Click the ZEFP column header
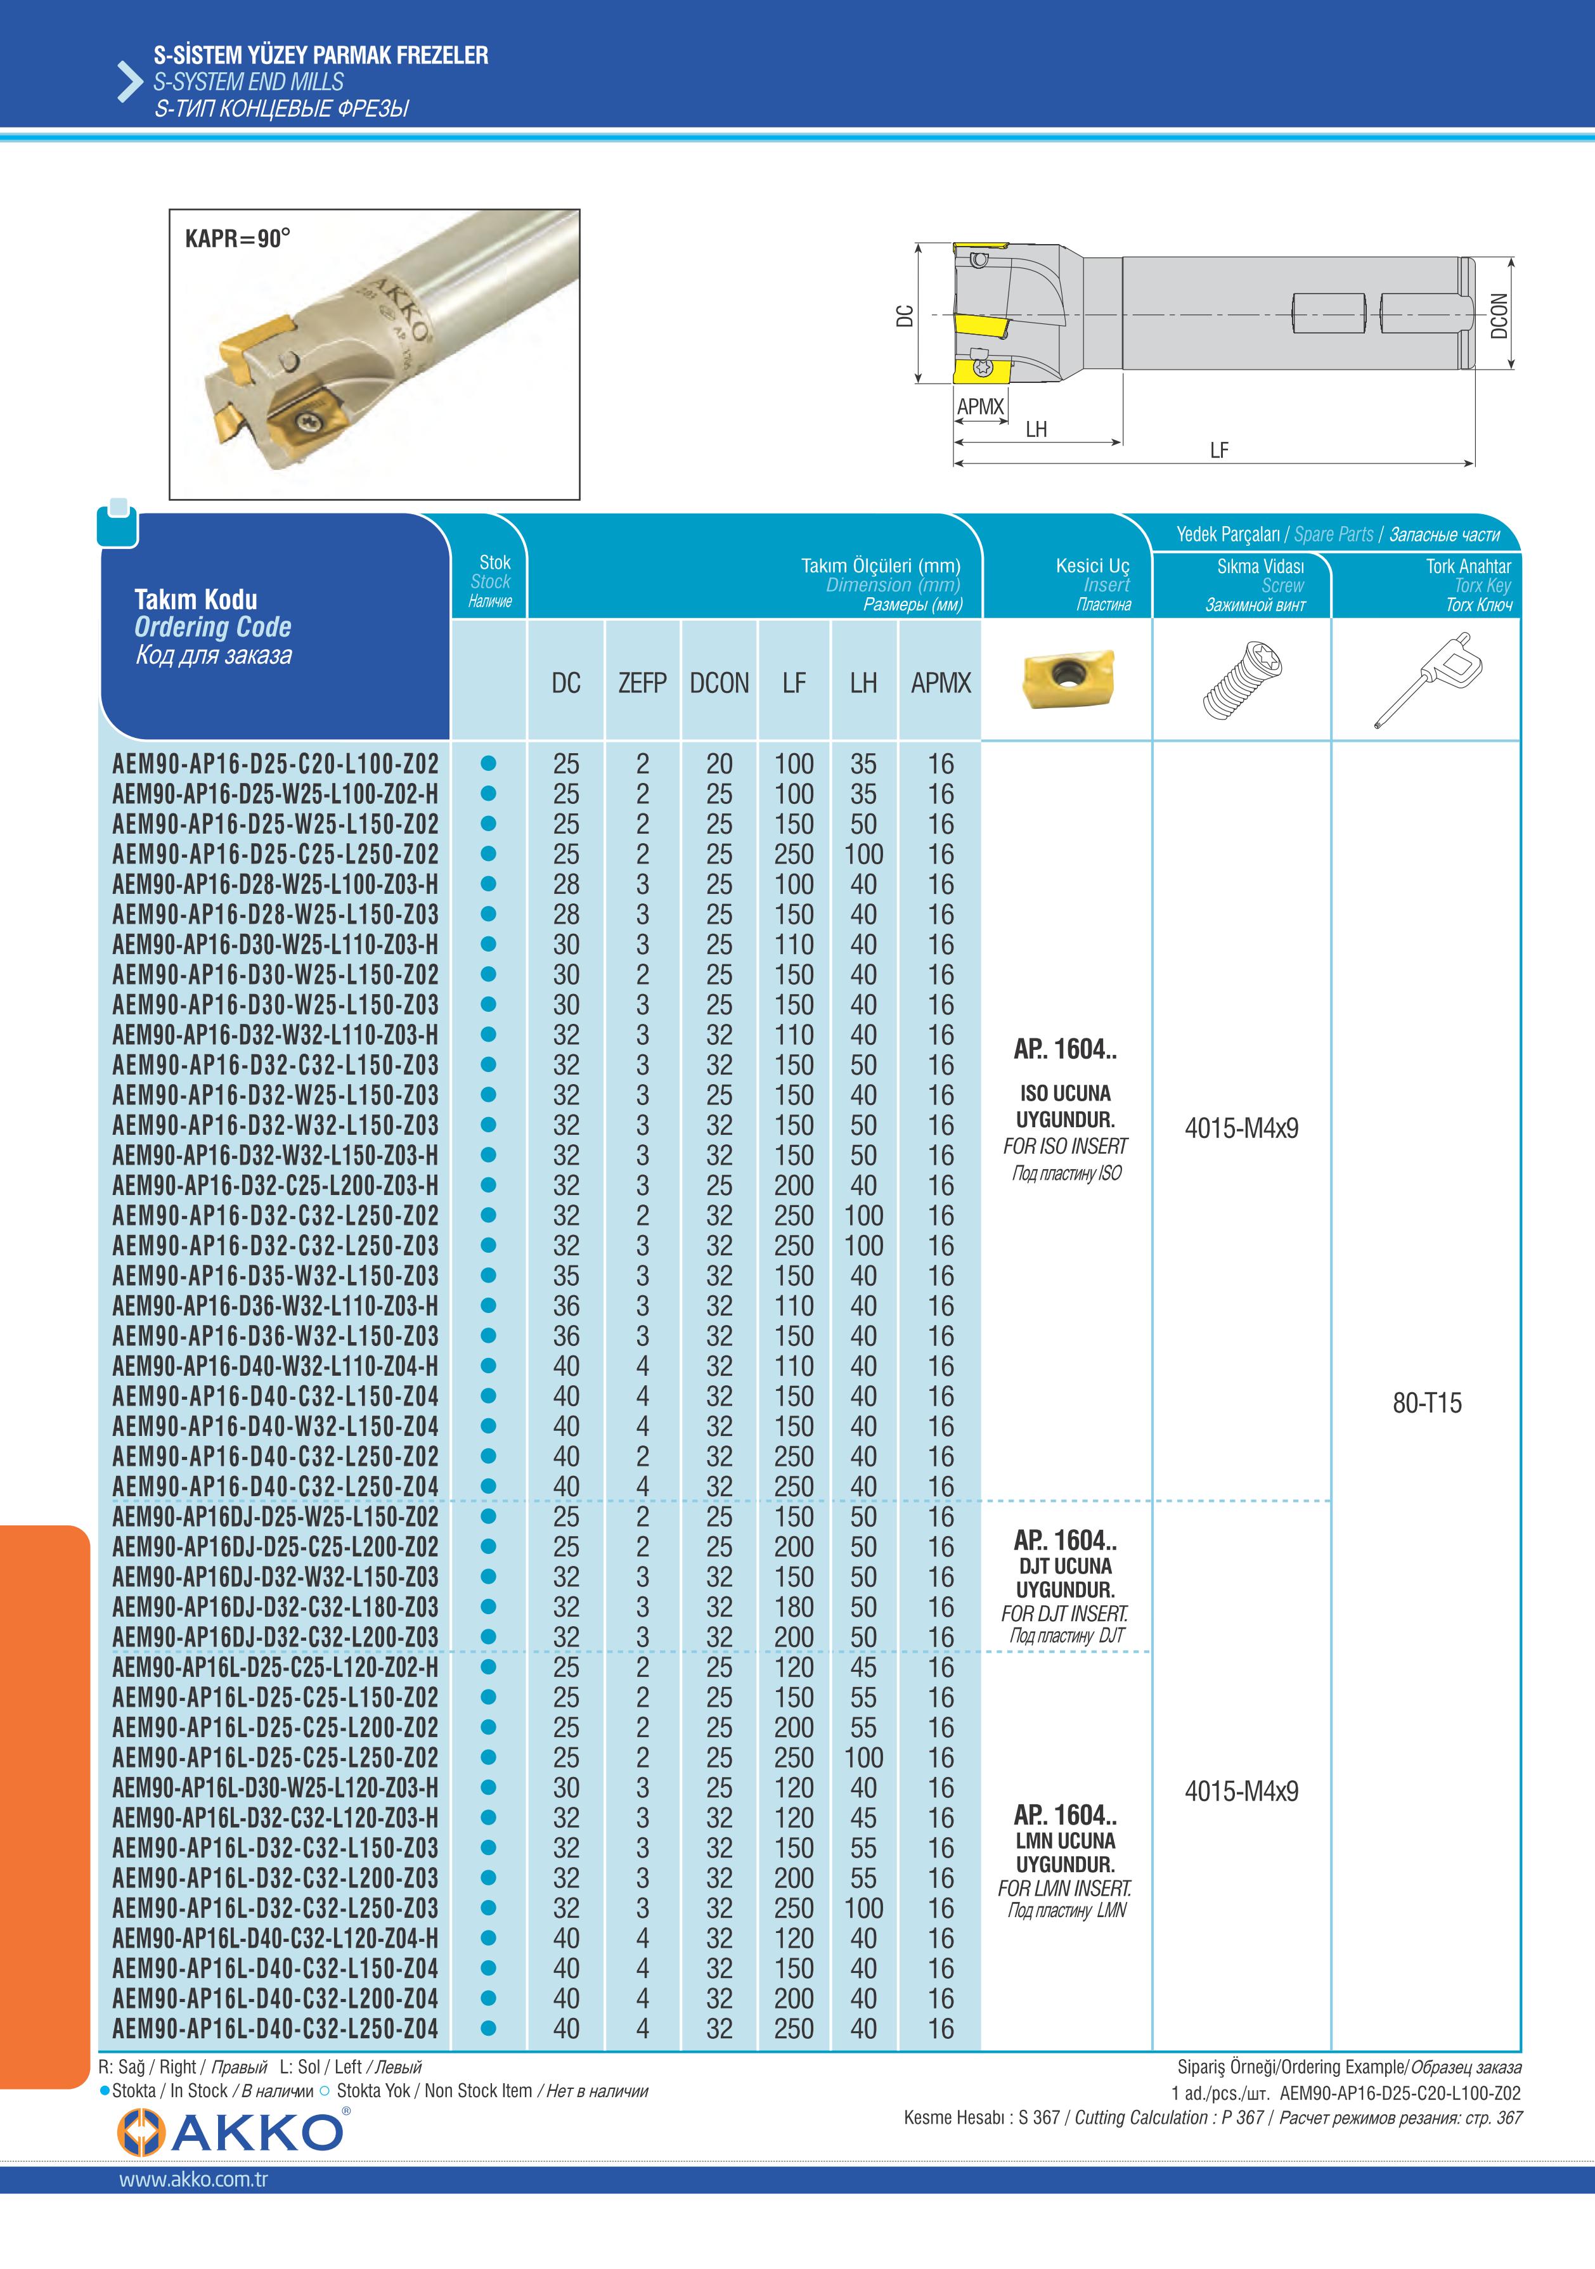click(642, 683)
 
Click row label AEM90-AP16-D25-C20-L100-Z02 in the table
click(274, 764)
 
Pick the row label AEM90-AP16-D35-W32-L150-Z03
click(274, 1276)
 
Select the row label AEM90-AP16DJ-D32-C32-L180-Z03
click(274, 1607)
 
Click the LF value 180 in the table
click(794, 1607)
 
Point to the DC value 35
click(566, 1276)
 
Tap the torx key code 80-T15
click(1426, 1403)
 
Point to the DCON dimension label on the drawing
click(1499, 315)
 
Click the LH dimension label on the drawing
click(1036, 429)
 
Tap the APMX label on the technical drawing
click(979, 406)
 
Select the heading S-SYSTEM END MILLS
click(248, 82)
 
